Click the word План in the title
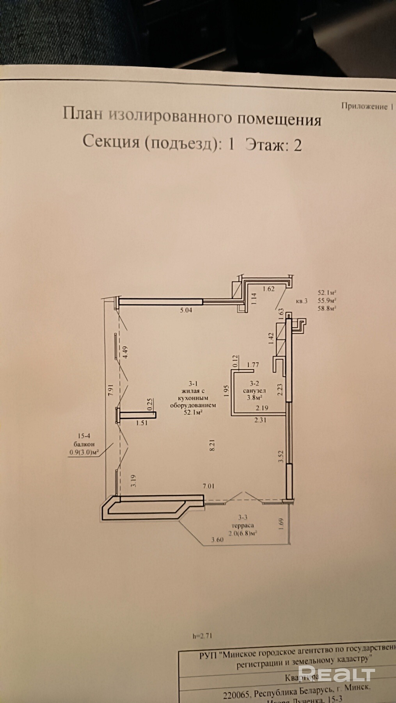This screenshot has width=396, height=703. pyautogui.click(x=82, y=114)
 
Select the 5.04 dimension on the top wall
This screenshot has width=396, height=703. pyautogui.click(x=186, y=310)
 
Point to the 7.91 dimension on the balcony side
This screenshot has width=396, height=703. pyautogui.click(x=110, y=391)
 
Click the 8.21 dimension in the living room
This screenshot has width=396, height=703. pyautogui.click(x=212, y=445)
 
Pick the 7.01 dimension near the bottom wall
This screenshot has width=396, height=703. pyautogui.click(x=208, y=486)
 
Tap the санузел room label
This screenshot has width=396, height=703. pyautogui.click(x=254, y=391)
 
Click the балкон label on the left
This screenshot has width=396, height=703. pyautogui.click(x=84, y=444)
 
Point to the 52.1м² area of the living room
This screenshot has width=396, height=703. pyautogui.click(x=193, y=412)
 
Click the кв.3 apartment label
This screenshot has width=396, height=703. pyautogui.click(x=302, y=301)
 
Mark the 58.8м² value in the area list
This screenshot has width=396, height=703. pyautogui.click(x=327, y=308)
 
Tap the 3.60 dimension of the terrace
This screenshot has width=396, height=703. pyautogui.click(x=217, y=540)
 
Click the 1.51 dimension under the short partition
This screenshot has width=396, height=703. pyautogui.click(x=142, y=423)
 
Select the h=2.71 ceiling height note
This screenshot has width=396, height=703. pyautogui.click(x=202, y=636)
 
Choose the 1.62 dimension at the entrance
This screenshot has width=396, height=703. pyautogui.click(x=268, y=289)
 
